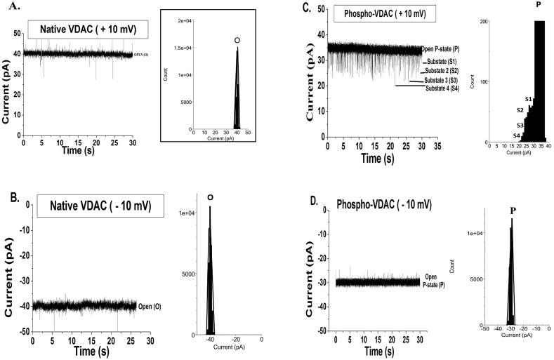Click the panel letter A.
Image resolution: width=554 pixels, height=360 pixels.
8,10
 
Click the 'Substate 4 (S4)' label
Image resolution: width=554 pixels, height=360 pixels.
442,88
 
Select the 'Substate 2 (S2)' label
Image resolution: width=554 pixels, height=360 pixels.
440,71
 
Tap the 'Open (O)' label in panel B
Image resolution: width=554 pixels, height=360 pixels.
150,306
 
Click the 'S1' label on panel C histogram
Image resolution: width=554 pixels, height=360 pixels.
529,100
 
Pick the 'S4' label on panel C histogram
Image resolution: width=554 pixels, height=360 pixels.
517,135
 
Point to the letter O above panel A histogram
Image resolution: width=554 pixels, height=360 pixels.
237,41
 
